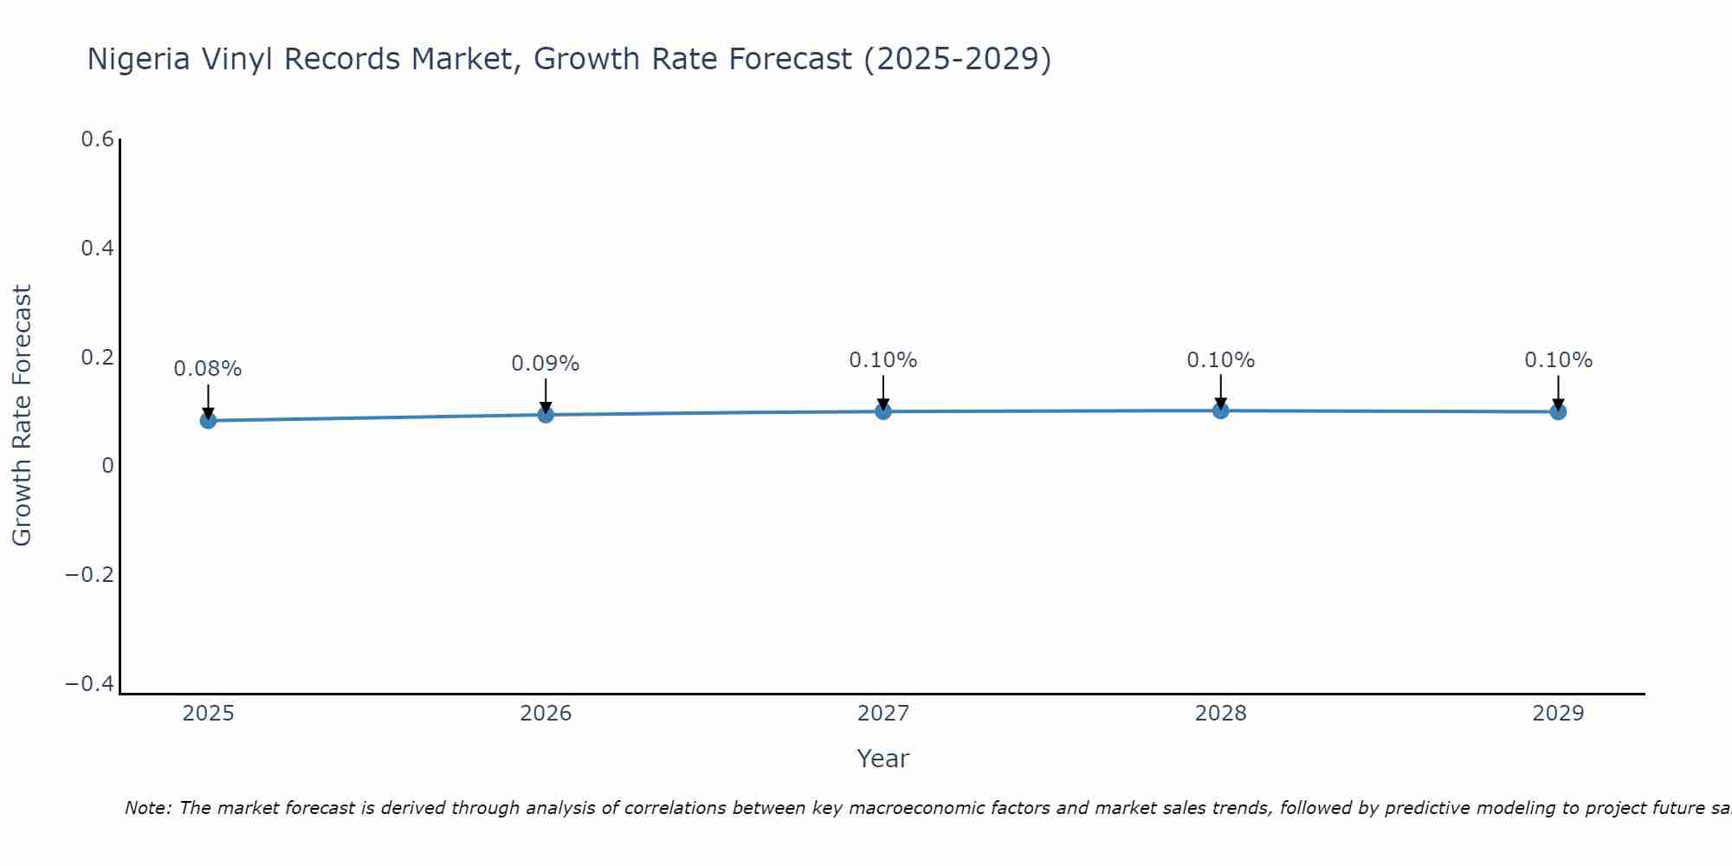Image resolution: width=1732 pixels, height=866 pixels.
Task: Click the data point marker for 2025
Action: click(208, 420)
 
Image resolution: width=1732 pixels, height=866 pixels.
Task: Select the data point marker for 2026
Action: click(546, 415)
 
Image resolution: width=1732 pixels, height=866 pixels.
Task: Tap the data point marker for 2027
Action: click(883, 411)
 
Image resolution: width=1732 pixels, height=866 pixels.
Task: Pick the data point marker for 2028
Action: click(1220, 410)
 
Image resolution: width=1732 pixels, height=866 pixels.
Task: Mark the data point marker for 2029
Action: click(1558, 411)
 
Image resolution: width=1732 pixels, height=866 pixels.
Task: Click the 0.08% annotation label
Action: click(208, 369)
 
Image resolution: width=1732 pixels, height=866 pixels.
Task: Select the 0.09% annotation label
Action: click(546, 364)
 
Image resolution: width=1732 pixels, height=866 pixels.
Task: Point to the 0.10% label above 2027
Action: click(883, 360)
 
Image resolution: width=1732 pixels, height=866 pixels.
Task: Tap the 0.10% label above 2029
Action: click(1558, 360)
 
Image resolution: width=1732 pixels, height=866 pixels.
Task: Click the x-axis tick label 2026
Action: click(546, 714)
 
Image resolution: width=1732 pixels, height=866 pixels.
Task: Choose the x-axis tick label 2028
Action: click(1220, 714)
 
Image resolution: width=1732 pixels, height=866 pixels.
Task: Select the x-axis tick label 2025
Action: click(208, 714)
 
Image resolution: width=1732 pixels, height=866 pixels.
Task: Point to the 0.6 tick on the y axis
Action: click(97, 139)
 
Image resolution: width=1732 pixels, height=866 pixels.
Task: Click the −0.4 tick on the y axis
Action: click(90, 684)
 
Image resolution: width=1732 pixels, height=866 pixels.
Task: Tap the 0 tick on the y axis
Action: click(107, 466)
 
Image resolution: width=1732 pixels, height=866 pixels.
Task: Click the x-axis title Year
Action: click(882, 759)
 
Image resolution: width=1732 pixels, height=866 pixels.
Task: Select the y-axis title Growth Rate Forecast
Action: click(22, 416)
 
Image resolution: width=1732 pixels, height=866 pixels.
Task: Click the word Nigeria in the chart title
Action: click(139, 60)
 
